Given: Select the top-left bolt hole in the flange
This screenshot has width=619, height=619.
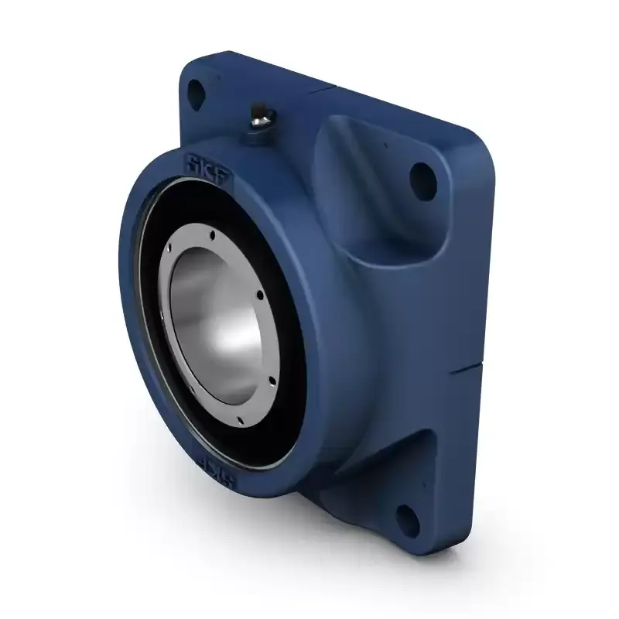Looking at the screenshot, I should (x=196, y=91).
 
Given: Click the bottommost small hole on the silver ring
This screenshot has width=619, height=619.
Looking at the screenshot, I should (x=239, y=420).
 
